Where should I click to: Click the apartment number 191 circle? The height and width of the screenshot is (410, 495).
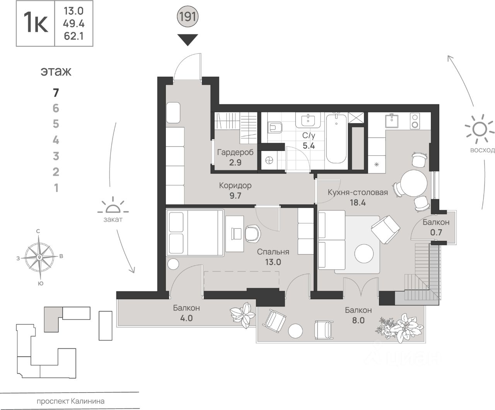[188, 17]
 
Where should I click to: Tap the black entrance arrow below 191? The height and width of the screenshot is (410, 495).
[188, 39]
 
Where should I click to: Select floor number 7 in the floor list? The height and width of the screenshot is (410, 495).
[56, 93]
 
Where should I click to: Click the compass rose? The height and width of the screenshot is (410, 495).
[39, 257]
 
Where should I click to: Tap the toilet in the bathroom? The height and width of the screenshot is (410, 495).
[275, 127]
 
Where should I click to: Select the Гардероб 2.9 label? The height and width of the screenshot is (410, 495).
[235, 157]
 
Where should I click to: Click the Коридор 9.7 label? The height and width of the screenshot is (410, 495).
[235, 190]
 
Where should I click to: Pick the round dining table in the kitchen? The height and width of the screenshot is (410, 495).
[413, 183]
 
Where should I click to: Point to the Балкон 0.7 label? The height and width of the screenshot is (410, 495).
[436, 227]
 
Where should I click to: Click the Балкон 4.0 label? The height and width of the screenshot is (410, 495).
[186, 313]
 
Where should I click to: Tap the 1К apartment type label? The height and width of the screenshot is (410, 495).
[36, 23]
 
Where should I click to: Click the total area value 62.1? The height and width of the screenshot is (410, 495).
[73, 36]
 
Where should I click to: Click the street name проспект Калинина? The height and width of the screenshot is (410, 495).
[70, 401]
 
